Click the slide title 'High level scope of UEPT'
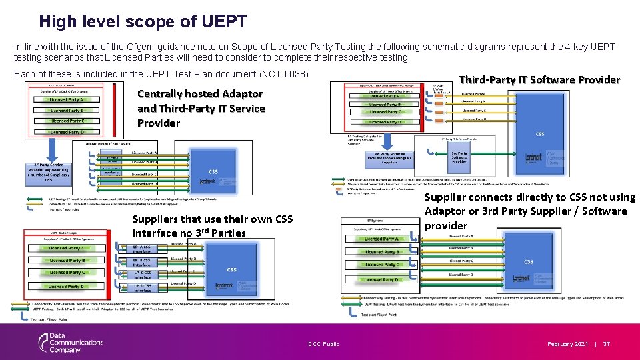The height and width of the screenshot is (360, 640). coord(143,21)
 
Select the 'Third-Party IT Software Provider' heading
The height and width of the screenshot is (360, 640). coord(539,79)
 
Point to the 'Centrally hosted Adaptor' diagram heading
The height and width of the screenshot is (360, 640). coord(200,94)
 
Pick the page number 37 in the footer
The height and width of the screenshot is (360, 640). coord(607,344)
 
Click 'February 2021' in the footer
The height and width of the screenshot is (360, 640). coord(568,344)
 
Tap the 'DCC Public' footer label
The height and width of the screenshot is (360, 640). coord(323,344)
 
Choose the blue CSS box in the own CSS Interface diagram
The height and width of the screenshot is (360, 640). coord(231,269)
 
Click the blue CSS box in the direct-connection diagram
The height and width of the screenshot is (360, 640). coord(528,261)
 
